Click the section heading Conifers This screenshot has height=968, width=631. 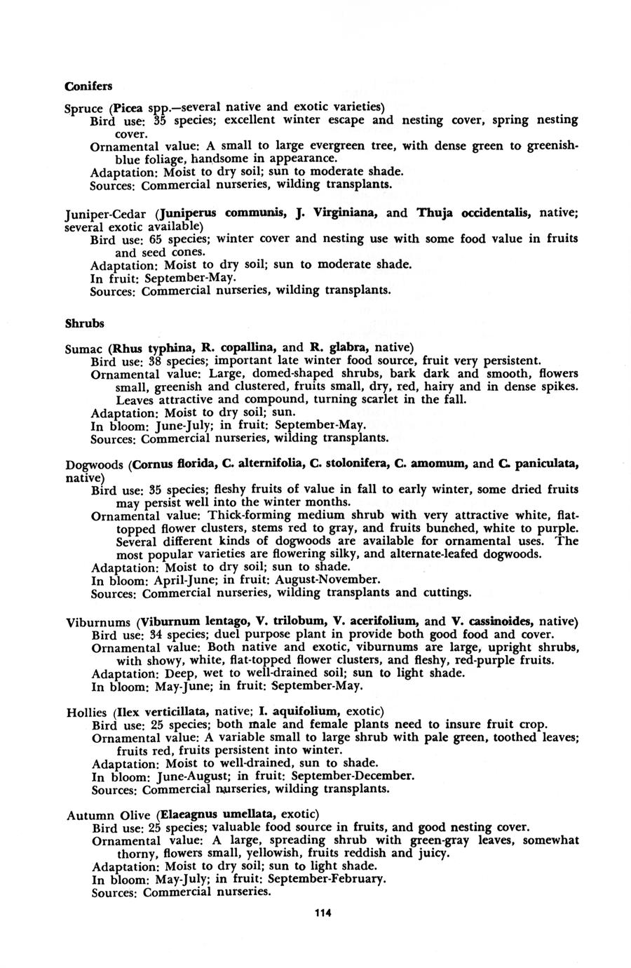click(x=88, y=86)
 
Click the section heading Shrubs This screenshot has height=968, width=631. click(x=84, y=324)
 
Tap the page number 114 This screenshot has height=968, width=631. click(x=323, y=913)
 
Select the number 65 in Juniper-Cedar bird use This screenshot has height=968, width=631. click(x=155, y=239)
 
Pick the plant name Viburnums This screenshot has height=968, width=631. click(x=97, y=622)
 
